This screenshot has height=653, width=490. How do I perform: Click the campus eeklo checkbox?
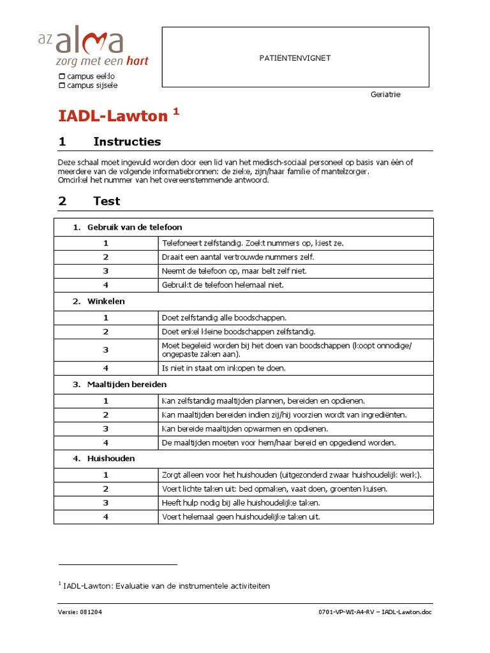pyautogui.click(x=61, y=77)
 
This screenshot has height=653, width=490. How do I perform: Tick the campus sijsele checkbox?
pyautogui.click(x=61, y=85)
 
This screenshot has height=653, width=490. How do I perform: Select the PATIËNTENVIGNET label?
pyautogui.click(x=295, y=58)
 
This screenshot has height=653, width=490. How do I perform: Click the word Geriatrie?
pyautogui.click(x=385, y=94)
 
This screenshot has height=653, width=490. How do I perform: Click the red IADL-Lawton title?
pyautogui.click(x=113, y=116)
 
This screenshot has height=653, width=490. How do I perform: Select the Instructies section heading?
pyautogui.click(x=127, y=142)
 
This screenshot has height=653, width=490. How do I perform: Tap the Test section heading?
pyautogui.click(x=107, y=201)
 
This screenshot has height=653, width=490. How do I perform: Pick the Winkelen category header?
pyautogui.click(x=106, y=301)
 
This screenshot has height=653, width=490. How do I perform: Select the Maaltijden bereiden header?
pyautogui.click(x=127, y=385)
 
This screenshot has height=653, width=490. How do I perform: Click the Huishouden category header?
pyautogui.click(x=111, y=458)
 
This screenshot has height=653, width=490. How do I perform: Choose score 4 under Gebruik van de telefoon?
pyautogui.click(x=106, y=285)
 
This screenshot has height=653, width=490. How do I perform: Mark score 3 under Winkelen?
pyautogui.click(x=106, y=349)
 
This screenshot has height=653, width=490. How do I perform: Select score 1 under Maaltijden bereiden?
pyautogui.click(x=106, y=401)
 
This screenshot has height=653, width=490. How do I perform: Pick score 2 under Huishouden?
pyautogui.click(x=106, y=488)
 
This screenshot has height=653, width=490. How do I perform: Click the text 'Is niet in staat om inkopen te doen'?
pyautogui.click(x=224, y=368)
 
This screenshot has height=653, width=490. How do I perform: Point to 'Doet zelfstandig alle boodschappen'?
pyautogui.click(x=225, y=318)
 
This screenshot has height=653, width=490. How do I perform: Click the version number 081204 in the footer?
pyautogui.click(x=91, y=612)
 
